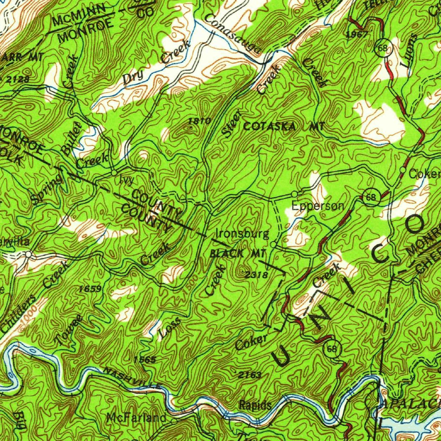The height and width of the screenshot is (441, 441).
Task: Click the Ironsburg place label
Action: (x=242, y=234)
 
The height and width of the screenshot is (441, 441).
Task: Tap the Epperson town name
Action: (x=318, y=206)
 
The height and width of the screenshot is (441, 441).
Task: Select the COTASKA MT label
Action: (x=283, y=127)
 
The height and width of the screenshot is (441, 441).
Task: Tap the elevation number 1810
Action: (x=200, y=121)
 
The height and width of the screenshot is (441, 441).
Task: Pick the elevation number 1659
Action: (x=91, y=289)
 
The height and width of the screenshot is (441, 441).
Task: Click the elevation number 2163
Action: (x=250, y=375)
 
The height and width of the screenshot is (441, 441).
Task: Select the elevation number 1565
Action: (x=145, y=359)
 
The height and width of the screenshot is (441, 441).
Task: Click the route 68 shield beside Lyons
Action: (x=382, y=48)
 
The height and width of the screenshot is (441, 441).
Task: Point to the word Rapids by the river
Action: (x=255, y=405)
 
